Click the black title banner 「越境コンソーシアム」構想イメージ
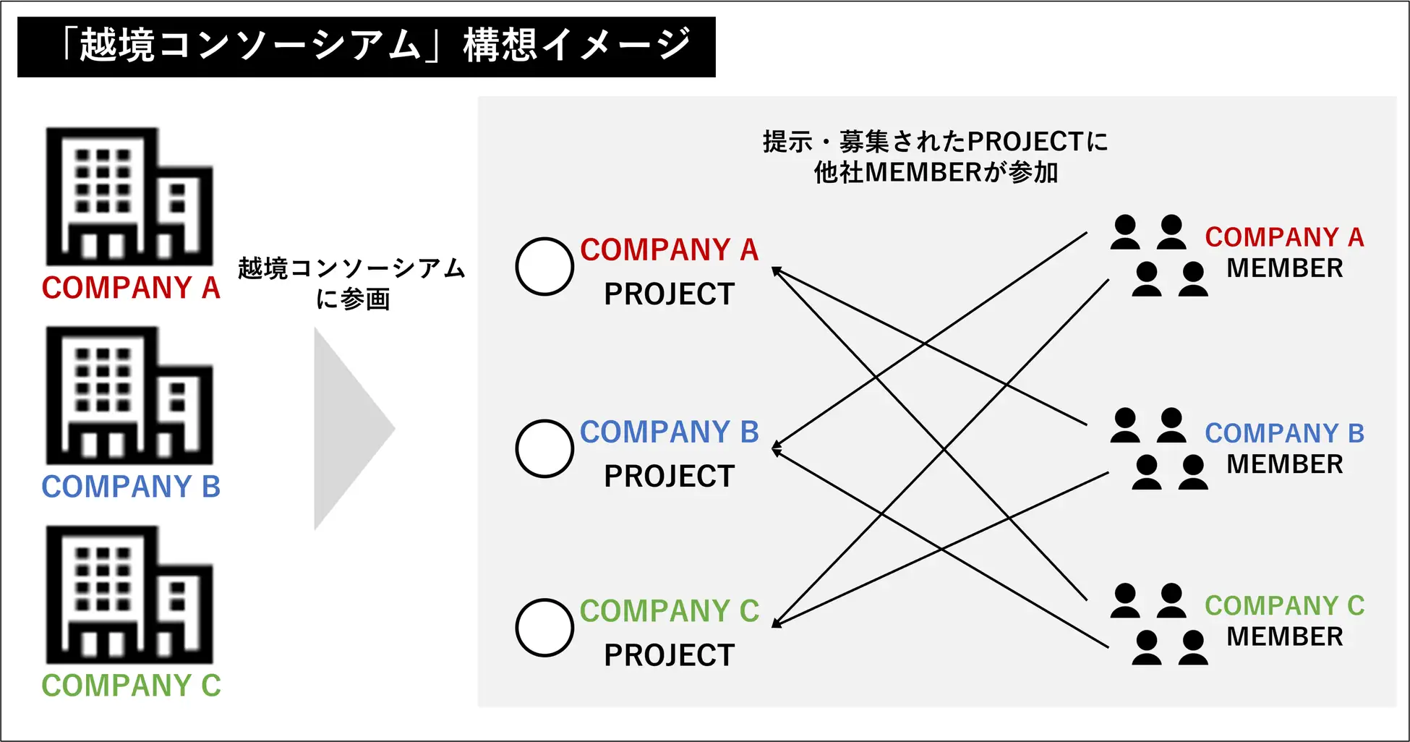click(366, 46)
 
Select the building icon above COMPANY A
click(129, 197)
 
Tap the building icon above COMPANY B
click(129, 396)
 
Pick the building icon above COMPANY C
click(129, 594)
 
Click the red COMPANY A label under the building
click(131, 288)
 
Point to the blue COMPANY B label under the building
click(131, 487)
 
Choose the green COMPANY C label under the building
click(131, 686)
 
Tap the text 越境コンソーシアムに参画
click(352, 283)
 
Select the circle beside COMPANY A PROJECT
click(544, 266)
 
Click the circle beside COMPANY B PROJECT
click(544, 448)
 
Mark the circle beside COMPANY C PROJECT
click(544, 628)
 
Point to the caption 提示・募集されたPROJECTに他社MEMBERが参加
click(936, 156)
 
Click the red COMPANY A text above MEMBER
click(1284, 237)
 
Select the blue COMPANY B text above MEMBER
click(1284, 433)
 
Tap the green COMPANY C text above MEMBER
click(1284, 605)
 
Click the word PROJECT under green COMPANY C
click(669, 655)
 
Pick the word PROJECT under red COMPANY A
click(669, 294)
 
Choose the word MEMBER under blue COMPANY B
click(1284, 464)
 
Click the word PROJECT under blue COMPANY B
click(669, 477)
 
